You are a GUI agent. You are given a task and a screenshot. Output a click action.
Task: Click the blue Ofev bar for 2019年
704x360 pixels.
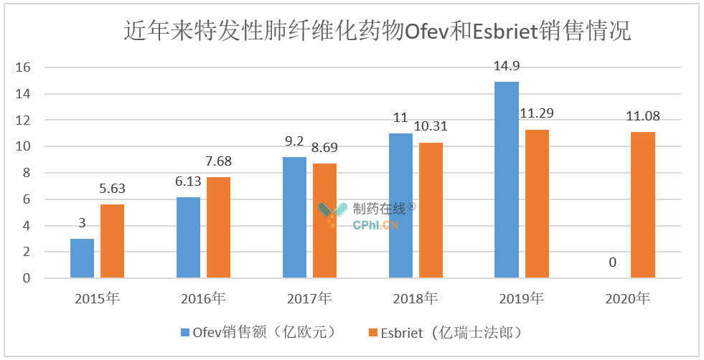click(x=507, y=179)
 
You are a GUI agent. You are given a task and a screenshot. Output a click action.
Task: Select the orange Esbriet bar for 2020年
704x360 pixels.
click(x=643, y=204)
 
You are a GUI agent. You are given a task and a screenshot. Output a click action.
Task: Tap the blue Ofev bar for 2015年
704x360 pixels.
click(x=83, y=258)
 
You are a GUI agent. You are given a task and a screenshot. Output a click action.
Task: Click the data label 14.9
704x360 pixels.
click(x=507, y=67)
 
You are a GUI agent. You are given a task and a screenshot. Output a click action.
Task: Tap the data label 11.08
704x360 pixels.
click(x=642, y=116)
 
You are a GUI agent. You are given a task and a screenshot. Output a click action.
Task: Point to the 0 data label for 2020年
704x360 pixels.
click(x=612, y=263)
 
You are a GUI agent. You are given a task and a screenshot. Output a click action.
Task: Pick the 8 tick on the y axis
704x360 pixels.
click(x=28, y=173)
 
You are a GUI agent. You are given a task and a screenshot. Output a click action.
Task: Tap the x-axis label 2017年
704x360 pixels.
click(x=309, y=298)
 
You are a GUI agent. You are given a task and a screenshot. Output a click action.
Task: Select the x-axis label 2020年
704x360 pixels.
click(x=626, y=298)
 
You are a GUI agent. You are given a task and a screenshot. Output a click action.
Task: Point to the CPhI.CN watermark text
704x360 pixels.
click(x=376, y=225)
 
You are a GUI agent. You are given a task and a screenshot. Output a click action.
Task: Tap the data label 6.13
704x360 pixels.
click(x=189, y=182)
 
